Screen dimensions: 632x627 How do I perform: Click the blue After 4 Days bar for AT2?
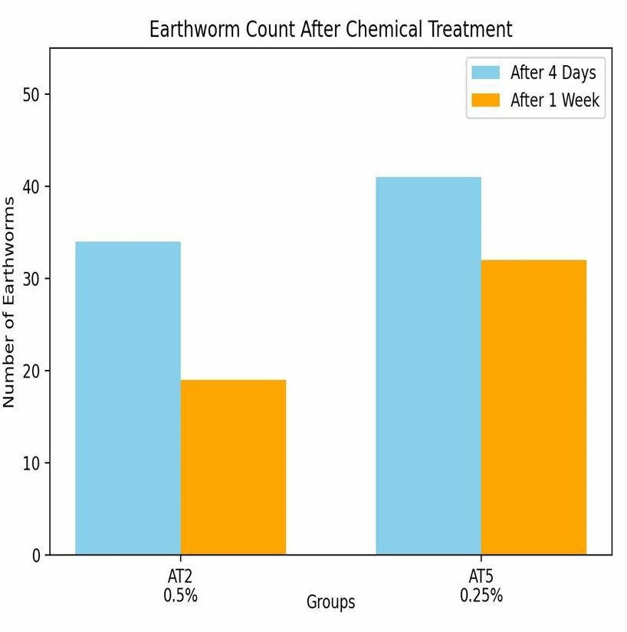(128, 398)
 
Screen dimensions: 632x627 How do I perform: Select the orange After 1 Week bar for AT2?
(233, 467)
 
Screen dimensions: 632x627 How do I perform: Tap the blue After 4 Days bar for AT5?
(428, 365)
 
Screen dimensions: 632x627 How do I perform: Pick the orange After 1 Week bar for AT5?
(533, 407)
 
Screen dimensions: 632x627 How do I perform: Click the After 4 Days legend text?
(553, 74)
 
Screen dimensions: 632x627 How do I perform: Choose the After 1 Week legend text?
(555, 100)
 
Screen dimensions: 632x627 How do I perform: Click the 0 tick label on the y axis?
(36, 555)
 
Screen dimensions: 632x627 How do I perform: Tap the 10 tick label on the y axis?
(32, 463)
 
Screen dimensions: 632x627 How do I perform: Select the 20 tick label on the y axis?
(32, 372)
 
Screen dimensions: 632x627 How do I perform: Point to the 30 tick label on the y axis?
(32, 279)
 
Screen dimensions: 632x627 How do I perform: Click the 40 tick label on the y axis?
(32, 187)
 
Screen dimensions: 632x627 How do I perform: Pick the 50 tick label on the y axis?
(32, 95)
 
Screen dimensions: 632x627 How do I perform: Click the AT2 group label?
(180, 577)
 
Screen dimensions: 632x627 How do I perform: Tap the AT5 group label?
(481, 577)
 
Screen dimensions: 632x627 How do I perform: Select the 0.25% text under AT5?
(481, 595)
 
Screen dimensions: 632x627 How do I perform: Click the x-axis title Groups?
(331, 602)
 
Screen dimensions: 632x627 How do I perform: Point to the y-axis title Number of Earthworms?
(10, 302)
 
